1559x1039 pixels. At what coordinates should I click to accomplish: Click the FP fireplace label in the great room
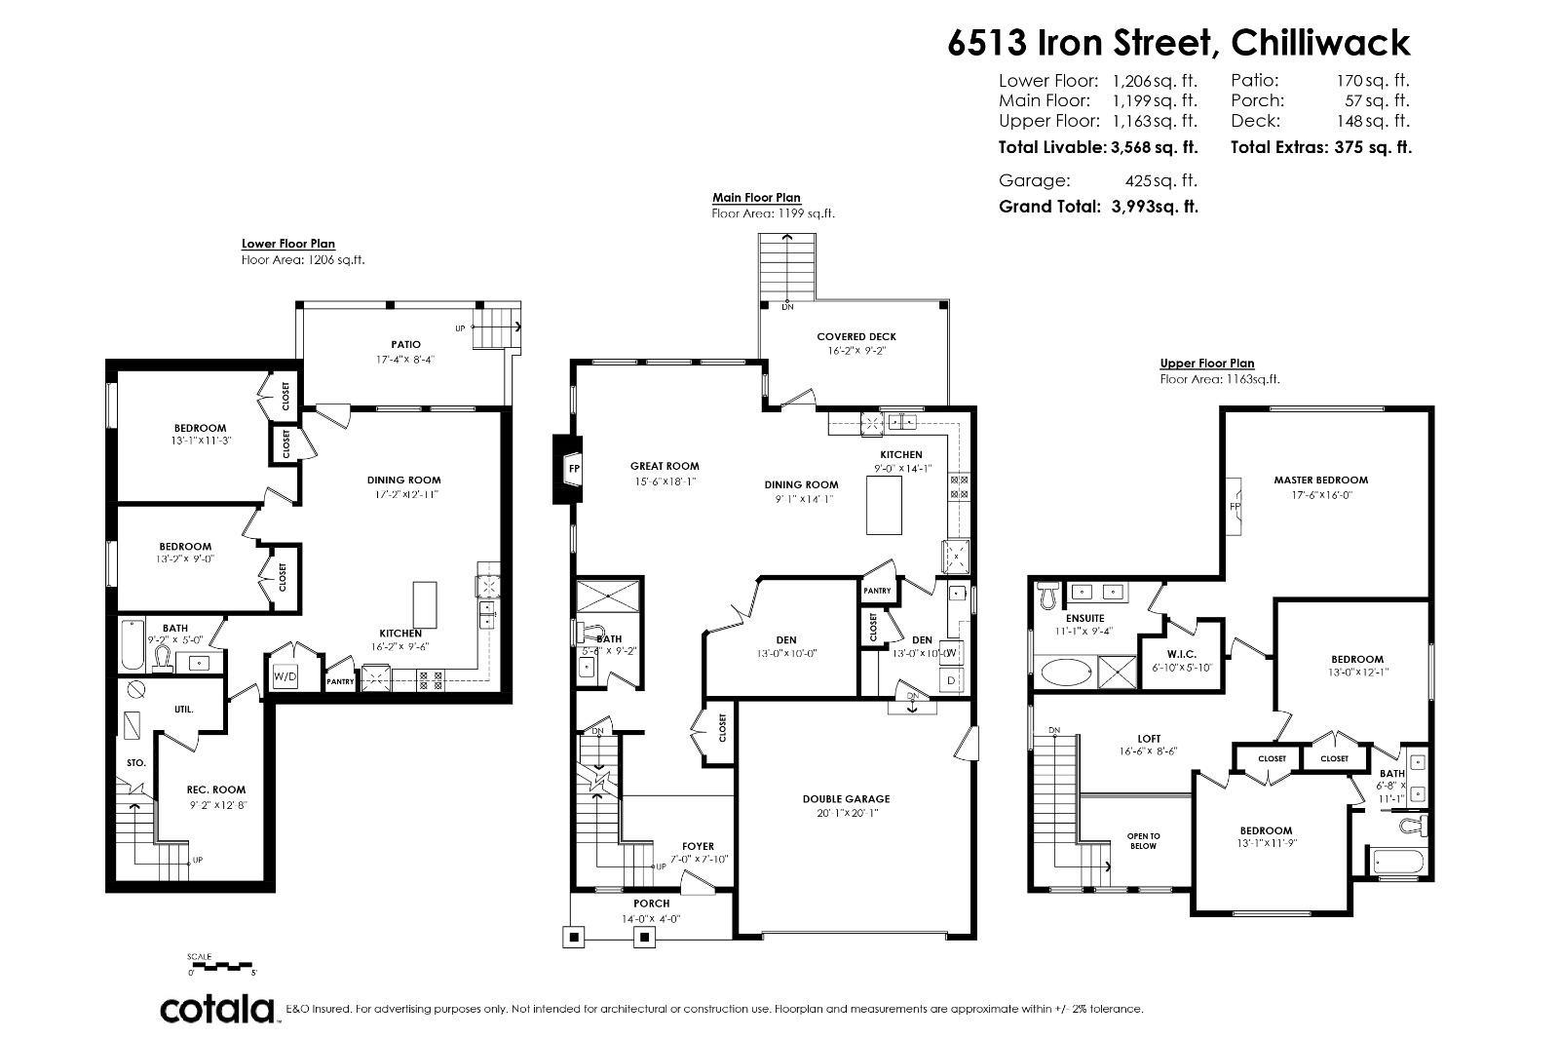(x=573, y=468)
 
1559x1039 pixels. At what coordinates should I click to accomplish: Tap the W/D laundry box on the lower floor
(x=284, y=675)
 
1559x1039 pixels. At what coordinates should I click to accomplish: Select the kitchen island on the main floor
(x=884, y=505)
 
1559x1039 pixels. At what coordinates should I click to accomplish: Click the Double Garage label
(x=846, y=798)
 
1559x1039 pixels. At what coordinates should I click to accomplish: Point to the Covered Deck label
(x=856, y=336)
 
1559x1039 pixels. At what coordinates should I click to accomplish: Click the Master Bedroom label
(x=1320, y=480)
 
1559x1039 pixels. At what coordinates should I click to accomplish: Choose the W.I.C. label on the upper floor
(x=1181, y=653)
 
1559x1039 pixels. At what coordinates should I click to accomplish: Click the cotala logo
(x=216, y=1009)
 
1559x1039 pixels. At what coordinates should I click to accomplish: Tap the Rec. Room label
(x=216, y=789)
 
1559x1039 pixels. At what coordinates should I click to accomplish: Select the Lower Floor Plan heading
(x=288, y=244)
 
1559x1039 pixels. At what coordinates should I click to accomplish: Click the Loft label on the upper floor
(x=1149, y=739)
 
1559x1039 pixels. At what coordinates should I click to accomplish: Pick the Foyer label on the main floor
(x=698, y=846)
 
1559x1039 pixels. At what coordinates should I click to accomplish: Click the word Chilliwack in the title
(x=1320, y=43)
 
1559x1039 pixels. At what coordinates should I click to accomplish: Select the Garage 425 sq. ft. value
(x=1160, y=180)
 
